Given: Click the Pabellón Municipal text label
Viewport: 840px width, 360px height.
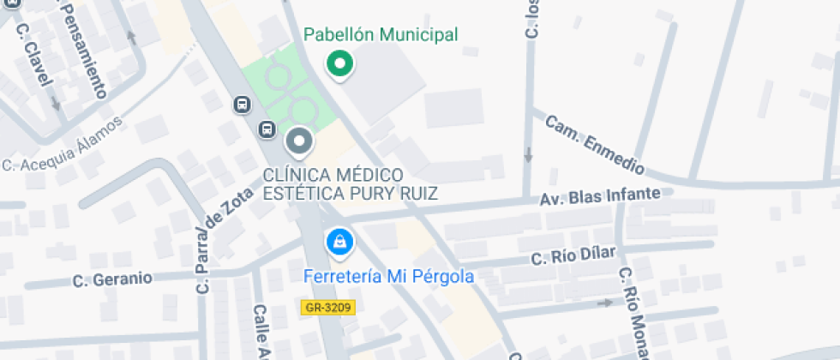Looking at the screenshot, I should point(381,35).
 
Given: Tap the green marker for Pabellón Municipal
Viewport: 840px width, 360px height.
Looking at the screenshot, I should point(340,63).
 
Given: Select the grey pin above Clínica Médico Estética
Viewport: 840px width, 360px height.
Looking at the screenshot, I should point(299,141).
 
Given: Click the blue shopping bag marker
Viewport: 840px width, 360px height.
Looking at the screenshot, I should point(340,241).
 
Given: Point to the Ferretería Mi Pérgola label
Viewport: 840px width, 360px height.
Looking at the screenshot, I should point(390,277).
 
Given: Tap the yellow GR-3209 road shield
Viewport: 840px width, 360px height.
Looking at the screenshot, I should point(328,306).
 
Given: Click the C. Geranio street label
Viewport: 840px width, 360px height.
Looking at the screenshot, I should point(112,279).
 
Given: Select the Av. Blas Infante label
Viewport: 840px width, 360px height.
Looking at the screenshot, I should point(600,197).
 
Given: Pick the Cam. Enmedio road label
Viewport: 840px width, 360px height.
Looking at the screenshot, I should point(594,144).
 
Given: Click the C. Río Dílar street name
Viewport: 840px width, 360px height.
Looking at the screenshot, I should point(573,256).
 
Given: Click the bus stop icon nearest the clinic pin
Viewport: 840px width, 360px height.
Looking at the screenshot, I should point(267,130).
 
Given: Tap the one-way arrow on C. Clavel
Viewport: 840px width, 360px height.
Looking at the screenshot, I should point(56,104).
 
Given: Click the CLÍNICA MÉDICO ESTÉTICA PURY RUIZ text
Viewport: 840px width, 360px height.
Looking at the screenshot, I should point(350,184).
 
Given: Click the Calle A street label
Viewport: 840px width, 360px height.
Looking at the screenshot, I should point(261,333).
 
